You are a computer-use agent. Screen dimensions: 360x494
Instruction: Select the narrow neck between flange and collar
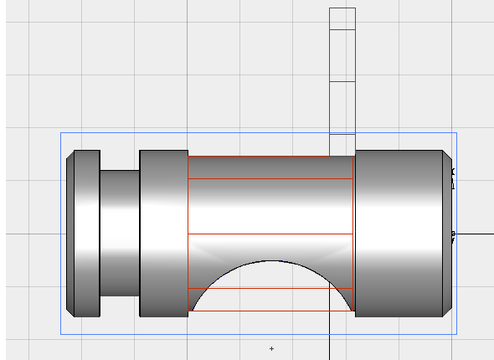point(120,234)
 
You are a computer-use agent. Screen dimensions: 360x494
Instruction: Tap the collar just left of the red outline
point(163,234)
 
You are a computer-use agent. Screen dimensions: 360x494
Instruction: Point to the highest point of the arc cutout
point(272,260)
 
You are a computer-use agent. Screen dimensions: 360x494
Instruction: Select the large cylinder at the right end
point(400,234)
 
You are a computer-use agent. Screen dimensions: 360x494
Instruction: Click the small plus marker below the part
point(271,347)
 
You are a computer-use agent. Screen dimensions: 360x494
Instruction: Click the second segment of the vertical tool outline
point(342,55)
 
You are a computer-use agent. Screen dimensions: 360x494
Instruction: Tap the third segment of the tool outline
point(342,107)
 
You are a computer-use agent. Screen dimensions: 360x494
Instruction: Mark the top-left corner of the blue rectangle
point(60,132)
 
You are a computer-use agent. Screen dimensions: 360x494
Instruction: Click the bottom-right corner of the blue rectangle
point(456,334)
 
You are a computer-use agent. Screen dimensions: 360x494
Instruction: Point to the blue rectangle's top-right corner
point(456,132)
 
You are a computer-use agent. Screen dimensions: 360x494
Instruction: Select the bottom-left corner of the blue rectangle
point(60,334)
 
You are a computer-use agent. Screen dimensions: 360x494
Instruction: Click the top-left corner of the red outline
point(188,157)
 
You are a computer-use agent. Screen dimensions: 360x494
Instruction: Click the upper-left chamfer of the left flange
point(70,155)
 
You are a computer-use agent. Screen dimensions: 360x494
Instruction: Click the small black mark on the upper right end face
point(452,172)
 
